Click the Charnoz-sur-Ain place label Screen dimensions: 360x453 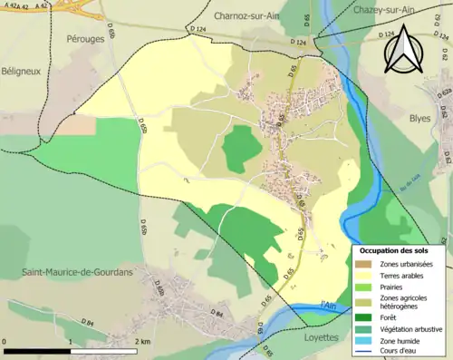click(250, 15)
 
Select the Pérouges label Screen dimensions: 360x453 click(86, 39)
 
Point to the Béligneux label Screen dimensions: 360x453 click(22, 73)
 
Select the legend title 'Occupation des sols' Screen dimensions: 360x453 click(395, 249)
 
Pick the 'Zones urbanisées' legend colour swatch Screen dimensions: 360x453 click(363, 263)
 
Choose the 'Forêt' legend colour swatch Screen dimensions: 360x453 click(363, 317)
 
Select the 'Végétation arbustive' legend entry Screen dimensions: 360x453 click(410, 329)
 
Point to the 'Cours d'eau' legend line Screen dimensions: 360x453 click(363, 353)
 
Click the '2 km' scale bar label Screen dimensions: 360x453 click(141, 341)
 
